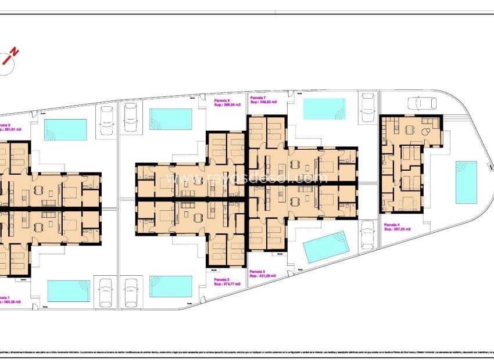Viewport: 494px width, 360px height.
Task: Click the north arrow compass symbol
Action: click(x=9, y=58)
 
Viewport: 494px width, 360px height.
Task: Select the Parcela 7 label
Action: click(x=258, y=98)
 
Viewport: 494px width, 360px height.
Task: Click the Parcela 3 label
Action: click(x=257, y=271)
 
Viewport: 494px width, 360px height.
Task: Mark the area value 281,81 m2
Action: click(x=13, y=130)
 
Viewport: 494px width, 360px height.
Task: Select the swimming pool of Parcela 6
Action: click(x=170, y=119)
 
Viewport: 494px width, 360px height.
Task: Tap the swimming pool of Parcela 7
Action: click(x=324, y=109)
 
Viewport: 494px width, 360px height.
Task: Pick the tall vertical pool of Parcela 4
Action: click(x=466, y=182)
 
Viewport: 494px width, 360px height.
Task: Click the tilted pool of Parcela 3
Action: click(x=327, y=247)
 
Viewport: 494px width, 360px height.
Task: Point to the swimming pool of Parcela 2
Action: click(x=170, y=286)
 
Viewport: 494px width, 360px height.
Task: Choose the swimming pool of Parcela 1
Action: click(x=68, y=291)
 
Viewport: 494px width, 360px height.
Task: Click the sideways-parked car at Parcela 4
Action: click(x=422, y=103)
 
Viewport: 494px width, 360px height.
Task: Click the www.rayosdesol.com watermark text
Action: click(x=246, y=178)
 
